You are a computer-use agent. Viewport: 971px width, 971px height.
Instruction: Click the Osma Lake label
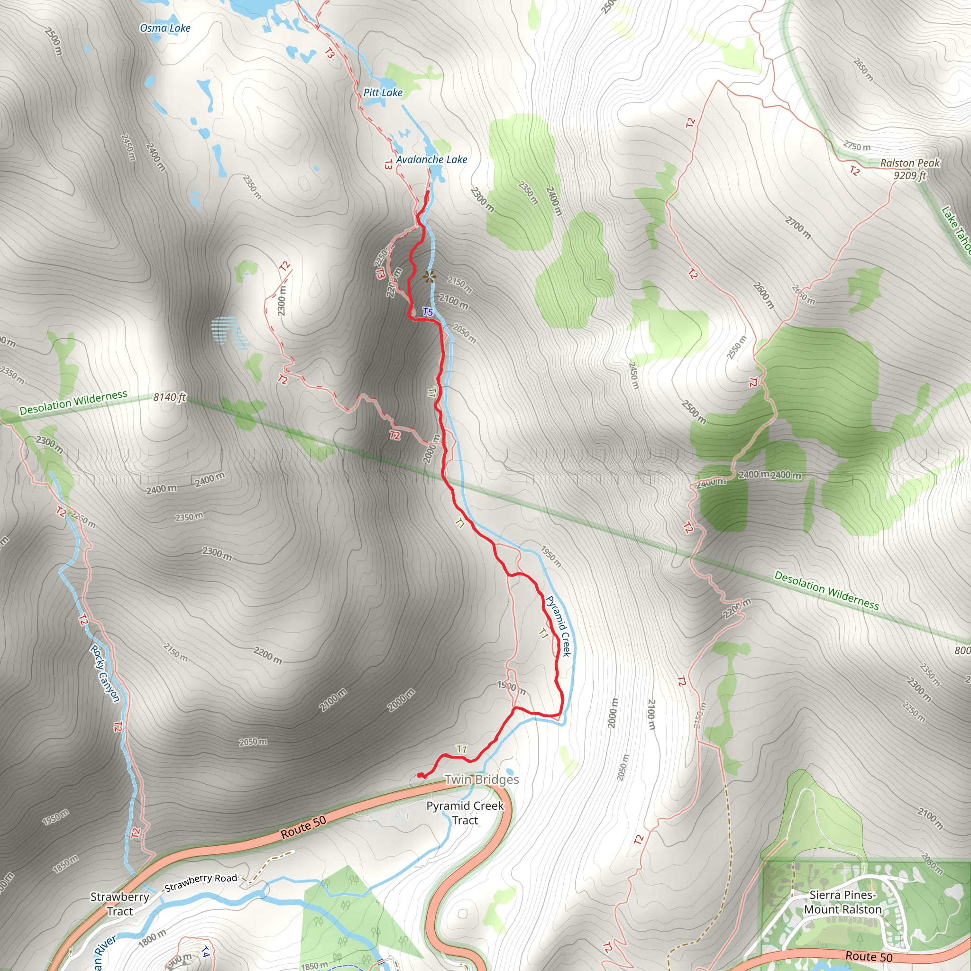[165, 28]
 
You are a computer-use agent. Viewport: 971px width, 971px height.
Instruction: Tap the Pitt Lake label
[383, 92]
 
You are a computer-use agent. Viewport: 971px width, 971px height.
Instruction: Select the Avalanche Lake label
[432, 159]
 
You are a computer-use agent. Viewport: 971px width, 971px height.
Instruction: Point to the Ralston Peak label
[910, 163]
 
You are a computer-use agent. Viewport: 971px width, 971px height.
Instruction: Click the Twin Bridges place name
[482, 779]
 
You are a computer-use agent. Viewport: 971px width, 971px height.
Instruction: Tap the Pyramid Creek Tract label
[465, 813]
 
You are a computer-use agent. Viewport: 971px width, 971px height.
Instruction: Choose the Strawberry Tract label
[119, 904]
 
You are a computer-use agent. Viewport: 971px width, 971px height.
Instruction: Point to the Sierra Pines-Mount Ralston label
[843, 902]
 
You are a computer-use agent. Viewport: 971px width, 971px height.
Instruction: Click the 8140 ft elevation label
[169, 397]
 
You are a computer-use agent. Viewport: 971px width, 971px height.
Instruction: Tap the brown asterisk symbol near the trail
[429, 276]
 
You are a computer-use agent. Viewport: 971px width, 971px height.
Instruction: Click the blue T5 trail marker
[428, 311]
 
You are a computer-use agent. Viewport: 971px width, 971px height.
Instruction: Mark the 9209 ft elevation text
[910, 175]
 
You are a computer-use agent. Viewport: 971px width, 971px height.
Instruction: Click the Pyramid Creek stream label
[559, 626]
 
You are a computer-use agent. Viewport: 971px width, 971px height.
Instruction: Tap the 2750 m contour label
[856, 146]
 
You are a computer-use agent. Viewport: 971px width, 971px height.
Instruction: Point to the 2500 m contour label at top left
[53, 41]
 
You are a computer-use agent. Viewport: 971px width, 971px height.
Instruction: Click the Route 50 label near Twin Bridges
[303, 827]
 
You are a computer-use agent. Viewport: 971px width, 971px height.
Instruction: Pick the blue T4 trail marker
[205, 952]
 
